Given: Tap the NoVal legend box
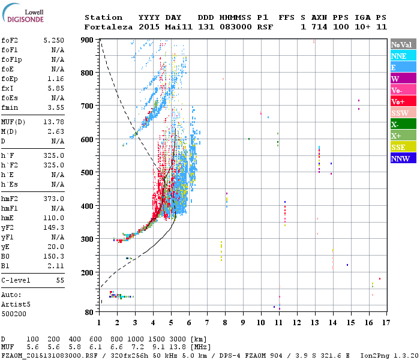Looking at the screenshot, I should (x=403, y=44).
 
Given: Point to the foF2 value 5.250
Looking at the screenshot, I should (x=53, y=40).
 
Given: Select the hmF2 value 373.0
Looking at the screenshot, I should (x=53, y=199).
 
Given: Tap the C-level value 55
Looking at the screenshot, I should (x=59, y=280).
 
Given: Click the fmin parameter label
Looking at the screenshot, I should (x=10, y=107).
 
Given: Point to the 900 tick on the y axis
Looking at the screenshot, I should (x=88, y=40).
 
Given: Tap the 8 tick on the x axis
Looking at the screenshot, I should (x=225, y=322).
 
